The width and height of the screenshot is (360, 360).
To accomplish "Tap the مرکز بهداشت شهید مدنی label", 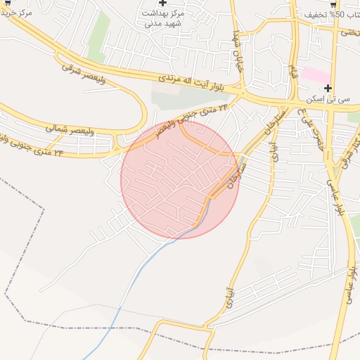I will pos(163,18).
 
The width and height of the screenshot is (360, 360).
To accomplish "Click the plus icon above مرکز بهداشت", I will pos(163,4).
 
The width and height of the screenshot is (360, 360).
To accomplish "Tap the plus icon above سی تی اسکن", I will pos(328,88).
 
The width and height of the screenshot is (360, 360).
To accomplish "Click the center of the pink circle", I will pos(180,179).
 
